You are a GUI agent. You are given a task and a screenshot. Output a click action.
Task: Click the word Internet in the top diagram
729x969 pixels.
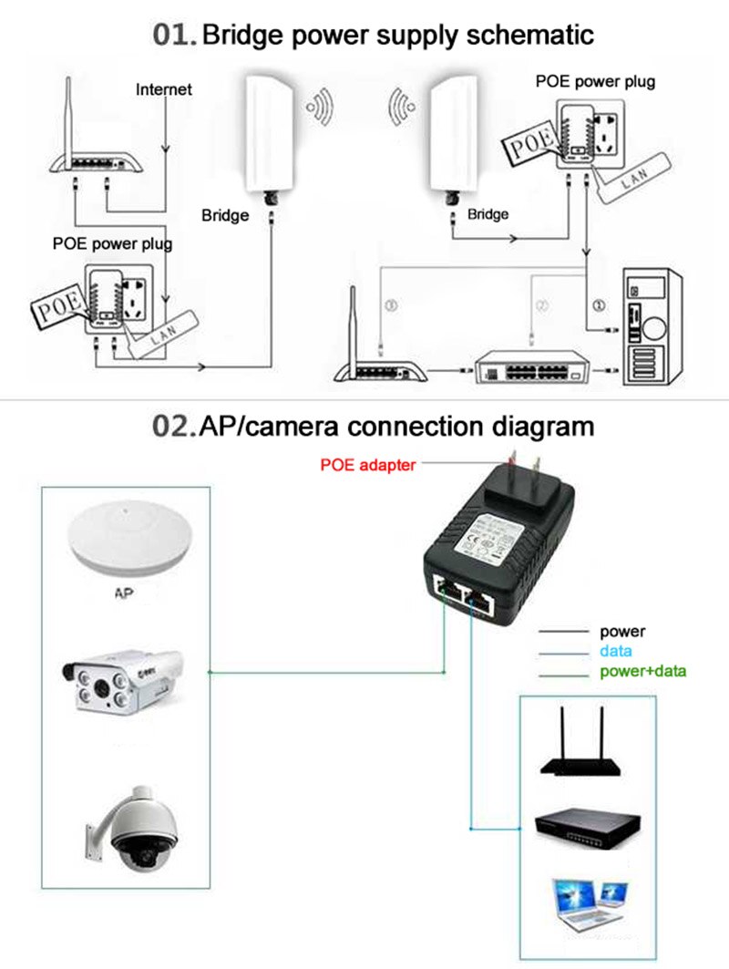click(x=164, y=89)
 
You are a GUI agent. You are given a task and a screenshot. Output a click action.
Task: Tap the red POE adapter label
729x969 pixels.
click(x=367, y=465)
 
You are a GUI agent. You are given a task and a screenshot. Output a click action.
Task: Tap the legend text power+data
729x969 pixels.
click(x=642, y=672)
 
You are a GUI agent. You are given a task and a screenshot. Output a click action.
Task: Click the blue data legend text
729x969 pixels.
click(x=615, y=652)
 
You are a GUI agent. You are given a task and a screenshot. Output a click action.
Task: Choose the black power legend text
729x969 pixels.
click(x=622, y=631)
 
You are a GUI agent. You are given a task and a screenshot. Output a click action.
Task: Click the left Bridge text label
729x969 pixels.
click(x=225, y=215)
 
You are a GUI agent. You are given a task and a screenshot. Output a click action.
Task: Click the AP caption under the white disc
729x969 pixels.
click(x=125, y=592)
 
